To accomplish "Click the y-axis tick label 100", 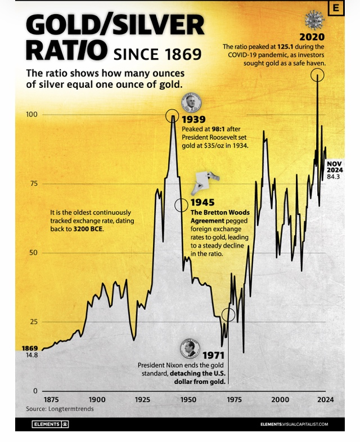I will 31,114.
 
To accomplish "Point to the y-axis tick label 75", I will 33,184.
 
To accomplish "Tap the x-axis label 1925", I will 142,399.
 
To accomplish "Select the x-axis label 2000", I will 280,399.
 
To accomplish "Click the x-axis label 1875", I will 51,399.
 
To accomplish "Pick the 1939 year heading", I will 193,119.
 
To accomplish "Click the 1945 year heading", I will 202,202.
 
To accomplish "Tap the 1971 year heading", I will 214,355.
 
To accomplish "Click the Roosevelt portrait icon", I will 190,103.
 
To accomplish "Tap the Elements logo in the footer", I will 50,424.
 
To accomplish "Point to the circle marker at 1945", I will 181,205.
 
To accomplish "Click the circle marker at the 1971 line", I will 229,315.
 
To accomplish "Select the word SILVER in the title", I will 157,25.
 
